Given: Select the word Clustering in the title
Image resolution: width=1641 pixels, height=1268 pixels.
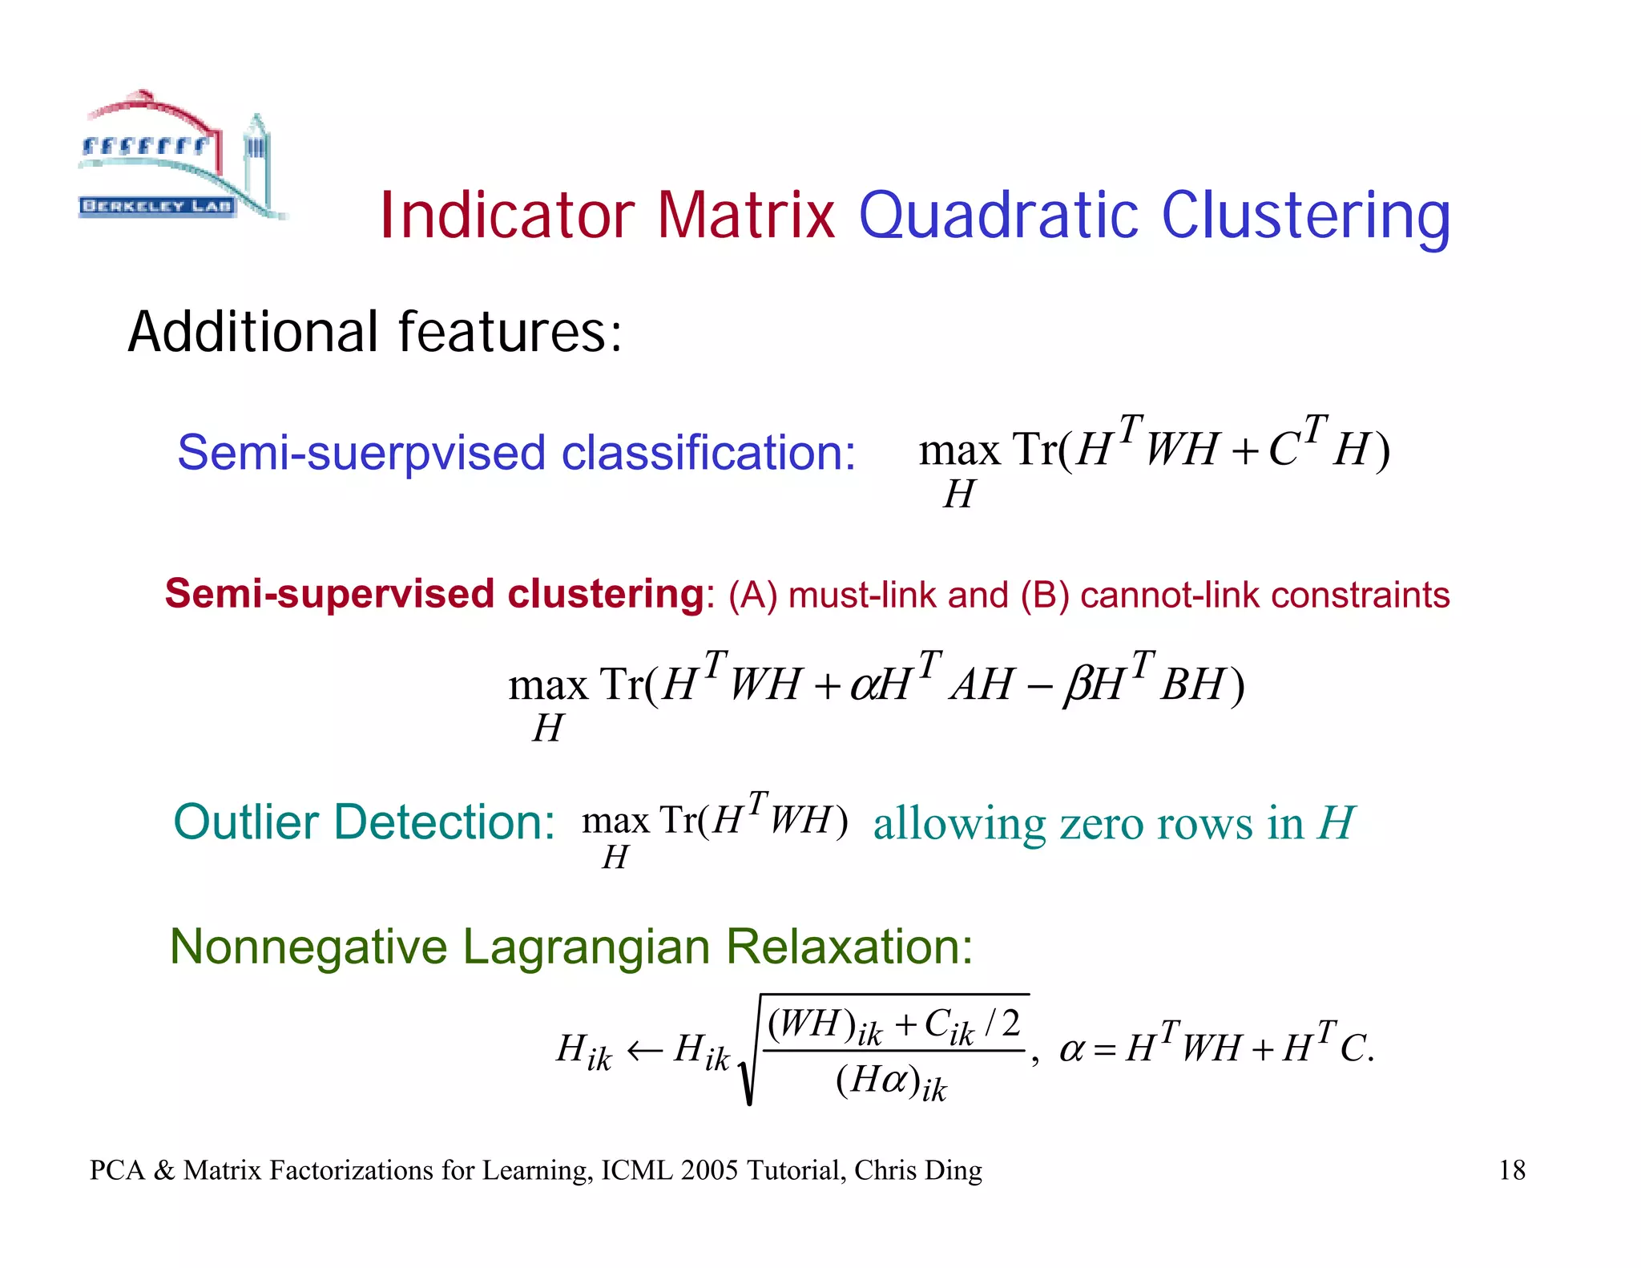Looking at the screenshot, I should click(1305, 216).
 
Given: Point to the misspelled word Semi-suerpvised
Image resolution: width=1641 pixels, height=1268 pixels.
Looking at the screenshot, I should click(361, 453).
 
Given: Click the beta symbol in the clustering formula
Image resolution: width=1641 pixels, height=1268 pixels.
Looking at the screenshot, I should click(1076, 687).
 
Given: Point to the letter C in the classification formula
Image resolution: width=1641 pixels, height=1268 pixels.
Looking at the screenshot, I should click(1283, 450).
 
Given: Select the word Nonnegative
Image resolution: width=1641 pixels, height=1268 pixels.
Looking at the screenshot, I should click(308, 947).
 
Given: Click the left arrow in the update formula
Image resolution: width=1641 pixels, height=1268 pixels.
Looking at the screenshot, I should click(643, 1050).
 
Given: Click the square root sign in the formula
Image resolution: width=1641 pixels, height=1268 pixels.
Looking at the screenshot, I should click(748, 1058).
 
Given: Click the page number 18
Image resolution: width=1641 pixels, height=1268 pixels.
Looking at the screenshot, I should click(1511, 1170).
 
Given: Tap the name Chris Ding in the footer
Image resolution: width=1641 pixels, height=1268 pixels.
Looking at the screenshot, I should click(917, 1170).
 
